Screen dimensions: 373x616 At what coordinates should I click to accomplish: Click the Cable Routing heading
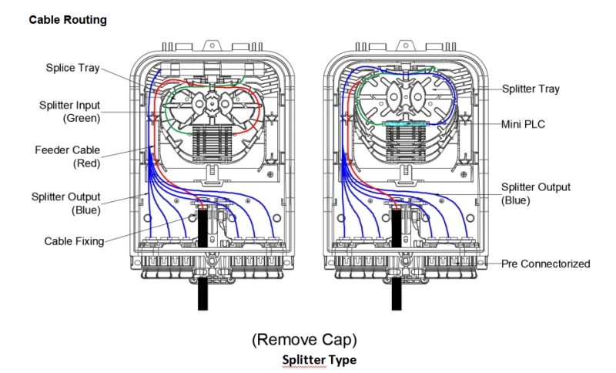pyautogui.click(x=68, y=20)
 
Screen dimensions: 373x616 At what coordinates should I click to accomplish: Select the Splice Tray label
pyautogui.click(x=72, y=68)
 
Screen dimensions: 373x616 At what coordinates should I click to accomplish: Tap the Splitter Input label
pyautogui.click(x=70, y=105)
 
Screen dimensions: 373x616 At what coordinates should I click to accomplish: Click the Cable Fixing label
pyautogui.click(x=74, y=241)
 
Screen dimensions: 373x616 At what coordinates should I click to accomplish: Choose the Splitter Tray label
pyautogui.click(x=531, y=89)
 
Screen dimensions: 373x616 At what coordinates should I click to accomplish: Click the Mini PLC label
pyautogui.click(x=523, y=123)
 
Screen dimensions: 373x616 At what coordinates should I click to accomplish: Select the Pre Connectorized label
pyautogui.click(x=545, y=264)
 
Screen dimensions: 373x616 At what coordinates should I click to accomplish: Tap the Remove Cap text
pyautogui.click(x=304, y=339)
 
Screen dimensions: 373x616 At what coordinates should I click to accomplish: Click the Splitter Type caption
pyautogui.click(x=319, y=360)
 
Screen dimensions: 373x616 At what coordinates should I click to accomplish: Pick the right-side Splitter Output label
pyautogui.click(x=536, y=187)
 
